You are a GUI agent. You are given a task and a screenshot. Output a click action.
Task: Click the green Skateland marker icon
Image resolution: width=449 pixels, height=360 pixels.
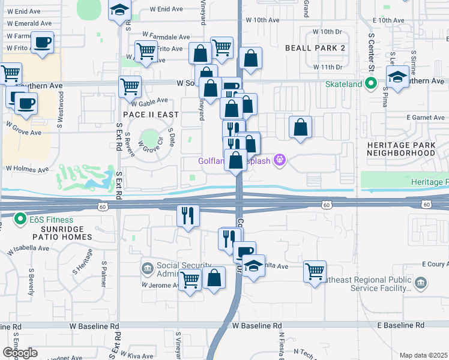tap(372, 84)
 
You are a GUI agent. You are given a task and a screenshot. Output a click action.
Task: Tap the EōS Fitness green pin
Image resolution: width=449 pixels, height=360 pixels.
tap(20, 219)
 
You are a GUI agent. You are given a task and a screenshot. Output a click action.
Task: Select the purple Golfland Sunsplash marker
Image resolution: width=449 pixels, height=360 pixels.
tap(279, 160)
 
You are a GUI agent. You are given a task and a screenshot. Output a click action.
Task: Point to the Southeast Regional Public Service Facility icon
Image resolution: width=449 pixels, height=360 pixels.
tap(420, 282)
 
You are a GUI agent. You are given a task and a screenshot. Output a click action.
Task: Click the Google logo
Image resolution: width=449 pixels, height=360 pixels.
tap(19, 352)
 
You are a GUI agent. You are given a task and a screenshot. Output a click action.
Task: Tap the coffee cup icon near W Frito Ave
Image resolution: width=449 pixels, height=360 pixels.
tap(42, 42)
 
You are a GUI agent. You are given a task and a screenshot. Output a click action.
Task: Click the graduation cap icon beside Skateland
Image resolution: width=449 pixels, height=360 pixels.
tap(397, 77)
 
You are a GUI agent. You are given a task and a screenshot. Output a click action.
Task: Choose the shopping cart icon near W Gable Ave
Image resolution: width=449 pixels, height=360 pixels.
tap(130, 86)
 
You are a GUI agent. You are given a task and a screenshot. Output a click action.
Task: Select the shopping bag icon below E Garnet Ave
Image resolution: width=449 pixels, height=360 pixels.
tap(300, 127)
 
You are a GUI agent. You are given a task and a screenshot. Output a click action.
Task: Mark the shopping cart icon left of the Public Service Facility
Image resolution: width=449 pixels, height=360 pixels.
tap(315, 271)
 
